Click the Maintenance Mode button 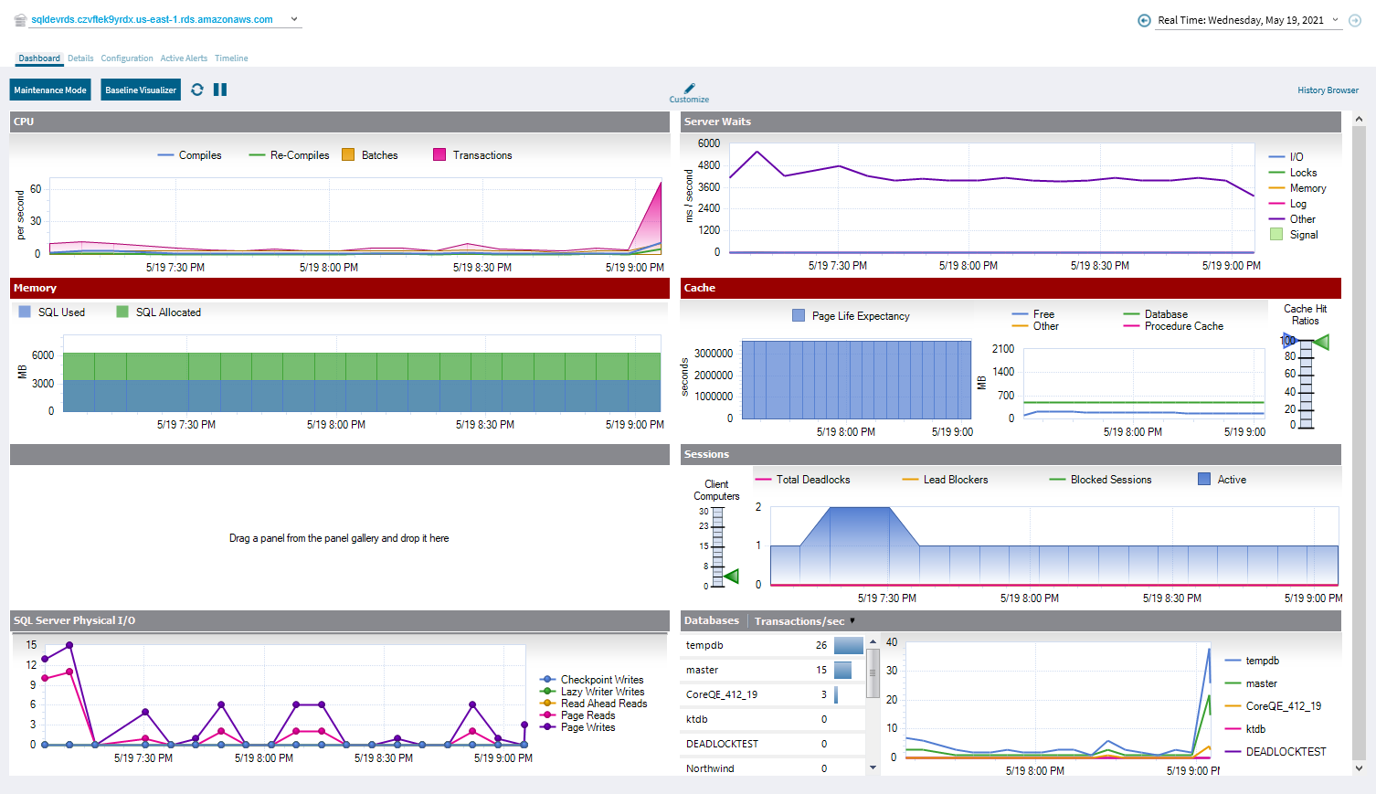(50, 90)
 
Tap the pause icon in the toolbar (220, 90)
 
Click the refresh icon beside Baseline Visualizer (197, 90)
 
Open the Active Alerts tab (184, 58)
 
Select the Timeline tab (231, 58)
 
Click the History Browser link (1328, 90)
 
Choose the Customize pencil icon (689, 90)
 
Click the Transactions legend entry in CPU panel (482, 155)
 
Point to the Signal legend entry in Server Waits (1303, 235)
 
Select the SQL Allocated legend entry (167, 312)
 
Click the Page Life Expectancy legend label (860, 316)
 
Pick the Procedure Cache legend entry (1183, 326)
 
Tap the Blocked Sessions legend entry (1110, 480)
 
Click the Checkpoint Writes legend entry (601, 680)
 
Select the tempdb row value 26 (820, 645)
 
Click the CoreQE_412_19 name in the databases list (722, 694)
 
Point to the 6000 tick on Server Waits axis (708, 143)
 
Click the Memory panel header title (35, 288)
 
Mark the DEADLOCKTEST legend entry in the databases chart (1285, 752)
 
